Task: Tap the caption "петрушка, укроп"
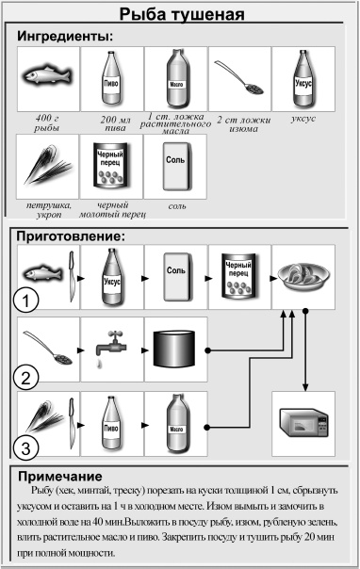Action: [x=46, y=208]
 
